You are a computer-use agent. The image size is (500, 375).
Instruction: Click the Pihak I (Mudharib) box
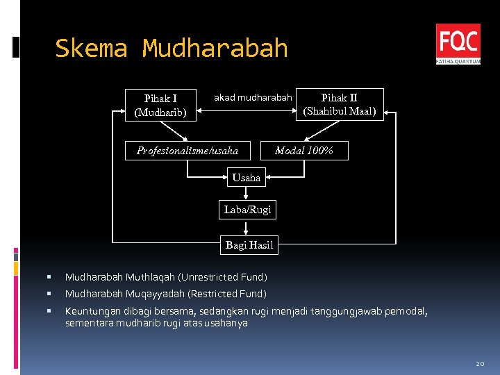click(x=160, y=105)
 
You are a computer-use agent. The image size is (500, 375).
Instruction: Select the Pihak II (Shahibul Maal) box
click(x=340, y=104)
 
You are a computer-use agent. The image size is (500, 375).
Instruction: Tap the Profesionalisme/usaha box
click(x=187, y=151)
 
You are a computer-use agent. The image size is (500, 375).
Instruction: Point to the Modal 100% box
click(x=304, y=151)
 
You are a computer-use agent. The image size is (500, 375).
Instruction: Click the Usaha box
click(x=247, y=178)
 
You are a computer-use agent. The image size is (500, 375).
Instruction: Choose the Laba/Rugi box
click(x=248, y=209)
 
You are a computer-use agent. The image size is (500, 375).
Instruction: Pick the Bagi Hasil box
click(x=249, y=244)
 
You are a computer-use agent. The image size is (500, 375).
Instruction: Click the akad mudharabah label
click(x=253, y=98)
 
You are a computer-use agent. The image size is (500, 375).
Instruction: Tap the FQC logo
click(x=458, y=43)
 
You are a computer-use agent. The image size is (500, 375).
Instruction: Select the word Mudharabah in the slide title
click(x=215, y=49)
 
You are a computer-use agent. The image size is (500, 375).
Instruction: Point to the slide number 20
click(x=479, y=363)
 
